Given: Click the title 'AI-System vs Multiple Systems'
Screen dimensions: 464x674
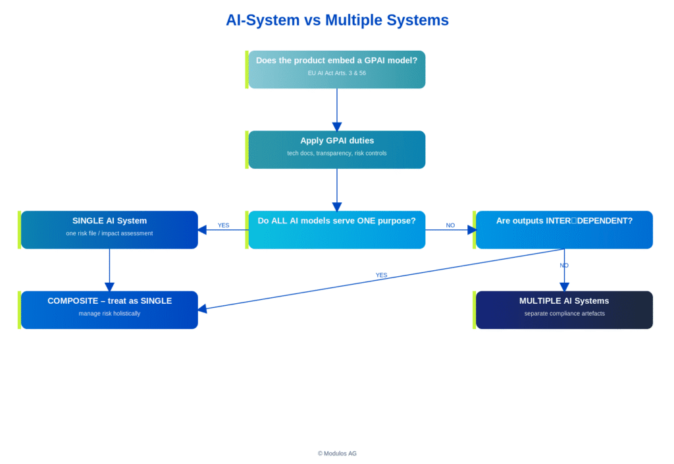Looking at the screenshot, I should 337,20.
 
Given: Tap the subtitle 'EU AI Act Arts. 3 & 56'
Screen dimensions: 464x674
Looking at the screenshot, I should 336,73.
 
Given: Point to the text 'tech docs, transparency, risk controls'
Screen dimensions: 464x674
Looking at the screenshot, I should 336,154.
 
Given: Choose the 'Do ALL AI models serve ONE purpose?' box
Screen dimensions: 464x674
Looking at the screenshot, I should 336,229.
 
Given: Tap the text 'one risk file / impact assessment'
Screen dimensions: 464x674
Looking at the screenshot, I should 109,233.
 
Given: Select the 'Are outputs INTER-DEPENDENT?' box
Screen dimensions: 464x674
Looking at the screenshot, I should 564,229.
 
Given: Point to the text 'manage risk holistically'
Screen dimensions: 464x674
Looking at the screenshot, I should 109,314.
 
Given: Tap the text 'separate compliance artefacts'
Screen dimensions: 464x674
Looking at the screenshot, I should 564,314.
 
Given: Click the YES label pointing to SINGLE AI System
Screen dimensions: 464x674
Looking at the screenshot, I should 224,225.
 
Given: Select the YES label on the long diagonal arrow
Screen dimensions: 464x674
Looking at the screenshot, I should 381,275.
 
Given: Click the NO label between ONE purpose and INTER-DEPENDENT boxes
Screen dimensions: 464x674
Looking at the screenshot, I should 450,225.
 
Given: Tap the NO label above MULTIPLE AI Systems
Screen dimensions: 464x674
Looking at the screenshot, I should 564,265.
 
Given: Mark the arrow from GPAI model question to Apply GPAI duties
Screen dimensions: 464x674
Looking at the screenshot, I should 337,109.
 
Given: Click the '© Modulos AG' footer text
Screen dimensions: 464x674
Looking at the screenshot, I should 337,453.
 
